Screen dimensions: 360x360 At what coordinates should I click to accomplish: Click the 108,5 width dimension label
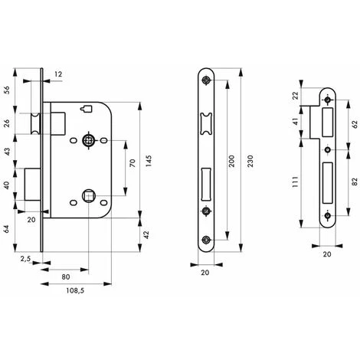point(75,290)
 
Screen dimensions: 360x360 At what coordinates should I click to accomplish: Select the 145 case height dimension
point(149,161)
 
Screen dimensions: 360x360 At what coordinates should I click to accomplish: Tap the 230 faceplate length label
point(250,161)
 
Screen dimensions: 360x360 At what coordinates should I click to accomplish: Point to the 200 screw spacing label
point(231,161)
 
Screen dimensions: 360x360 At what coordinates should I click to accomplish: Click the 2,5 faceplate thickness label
point(25,259)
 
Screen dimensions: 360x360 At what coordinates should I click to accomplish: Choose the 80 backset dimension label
point(66,277)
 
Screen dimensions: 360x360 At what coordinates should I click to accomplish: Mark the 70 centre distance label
point(133,163)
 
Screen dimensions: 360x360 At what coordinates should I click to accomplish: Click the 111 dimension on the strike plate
point(295,182)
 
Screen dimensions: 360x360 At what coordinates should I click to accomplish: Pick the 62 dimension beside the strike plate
point(355,125)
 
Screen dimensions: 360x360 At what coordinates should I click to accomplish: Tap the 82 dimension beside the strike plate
point(355,182)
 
